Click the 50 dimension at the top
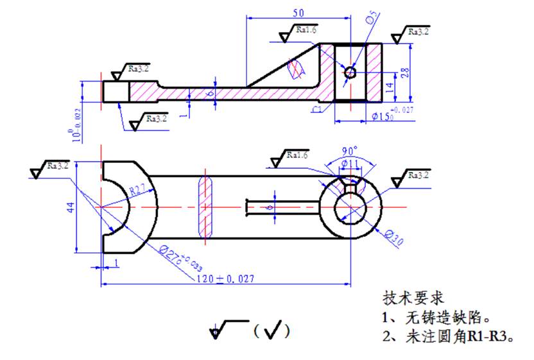click(x=298, y=12)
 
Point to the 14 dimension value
click(x=391, y=87)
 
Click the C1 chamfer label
click(x=315, y=110)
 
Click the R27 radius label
click(x=136, y=191)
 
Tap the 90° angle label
click(x=350, y=151)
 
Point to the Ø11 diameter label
click(x=350, y=164)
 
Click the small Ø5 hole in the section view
click(x=350, y=72)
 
